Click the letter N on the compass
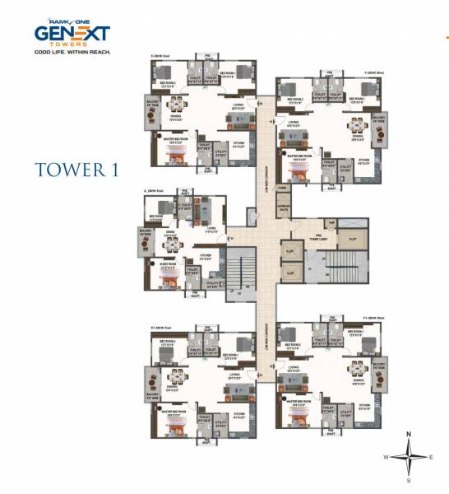pyautogui.click(x=408, y=434)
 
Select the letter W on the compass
pyautogui.click(x=384, y=455)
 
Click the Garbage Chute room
pyautogui.click(x=285, y=208)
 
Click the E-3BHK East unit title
pyautogui.click(x=162, y=56)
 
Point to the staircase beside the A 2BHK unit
pyautogui.click(x=238, y=272)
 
